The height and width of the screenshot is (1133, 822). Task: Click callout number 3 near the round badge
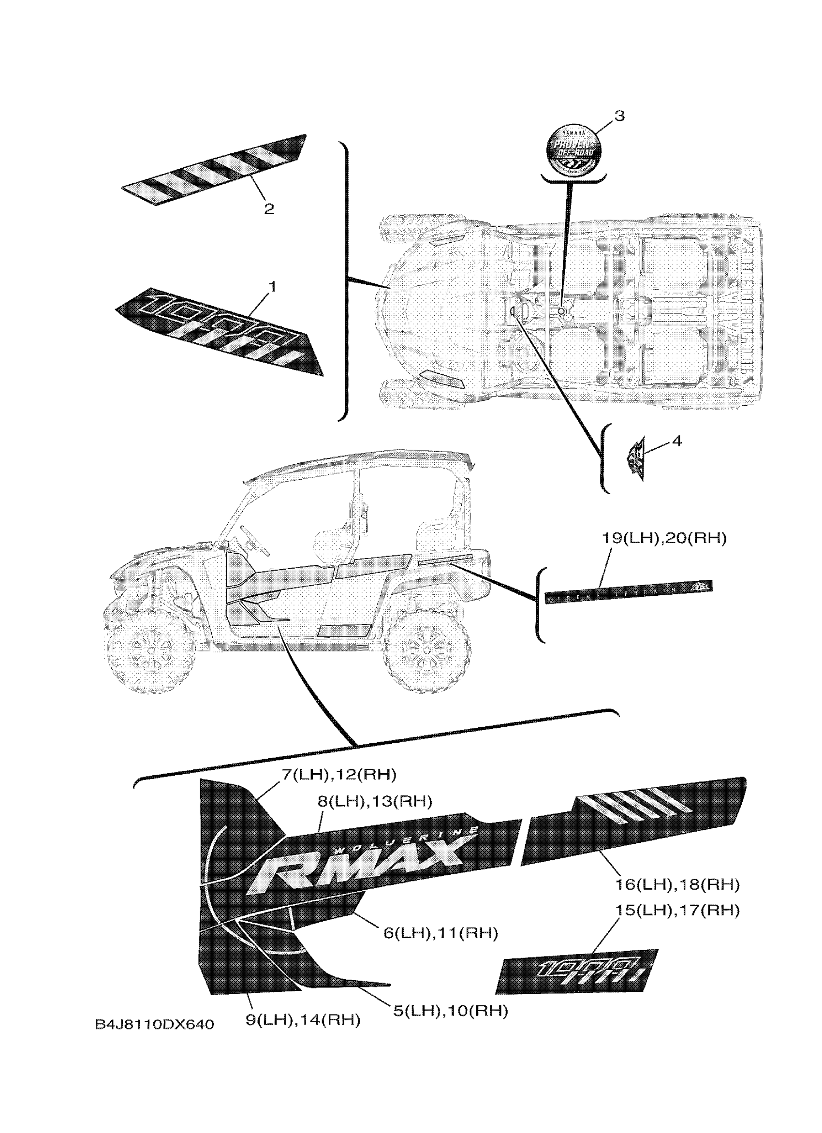pos(619,116)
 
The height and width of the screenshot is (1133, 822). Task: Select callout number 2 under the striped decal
pos(269,209)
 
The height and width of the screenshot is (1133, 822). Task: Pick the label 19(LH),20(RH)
pos(664,538)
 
